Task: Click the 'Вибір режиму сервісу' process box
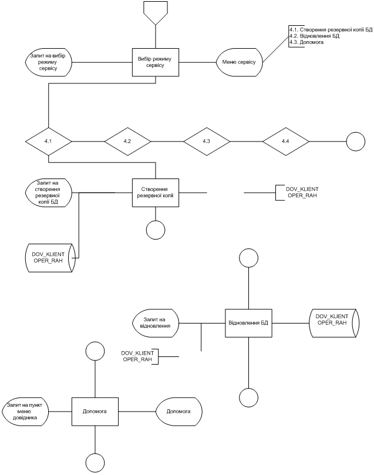(x=155, y=62)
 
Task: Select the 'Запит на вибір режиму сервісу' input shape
(x=48, y=61)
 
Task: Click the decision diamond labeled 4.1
(x=48, y=142)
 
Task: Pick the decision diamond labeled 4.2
(x=127, y=142)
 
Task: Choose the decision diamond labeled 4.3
(x=206, y=142)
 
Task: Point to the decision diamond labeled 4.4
(x=285, y=142)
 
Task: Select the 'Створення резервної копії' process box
(x=155, y=193)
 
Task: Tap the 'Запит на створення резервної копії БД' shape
(x=49, y=193)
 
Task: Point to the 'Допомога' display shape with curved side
(x=178, y=412)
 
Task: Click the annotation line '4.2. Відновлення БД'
(x=314, y=35)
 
